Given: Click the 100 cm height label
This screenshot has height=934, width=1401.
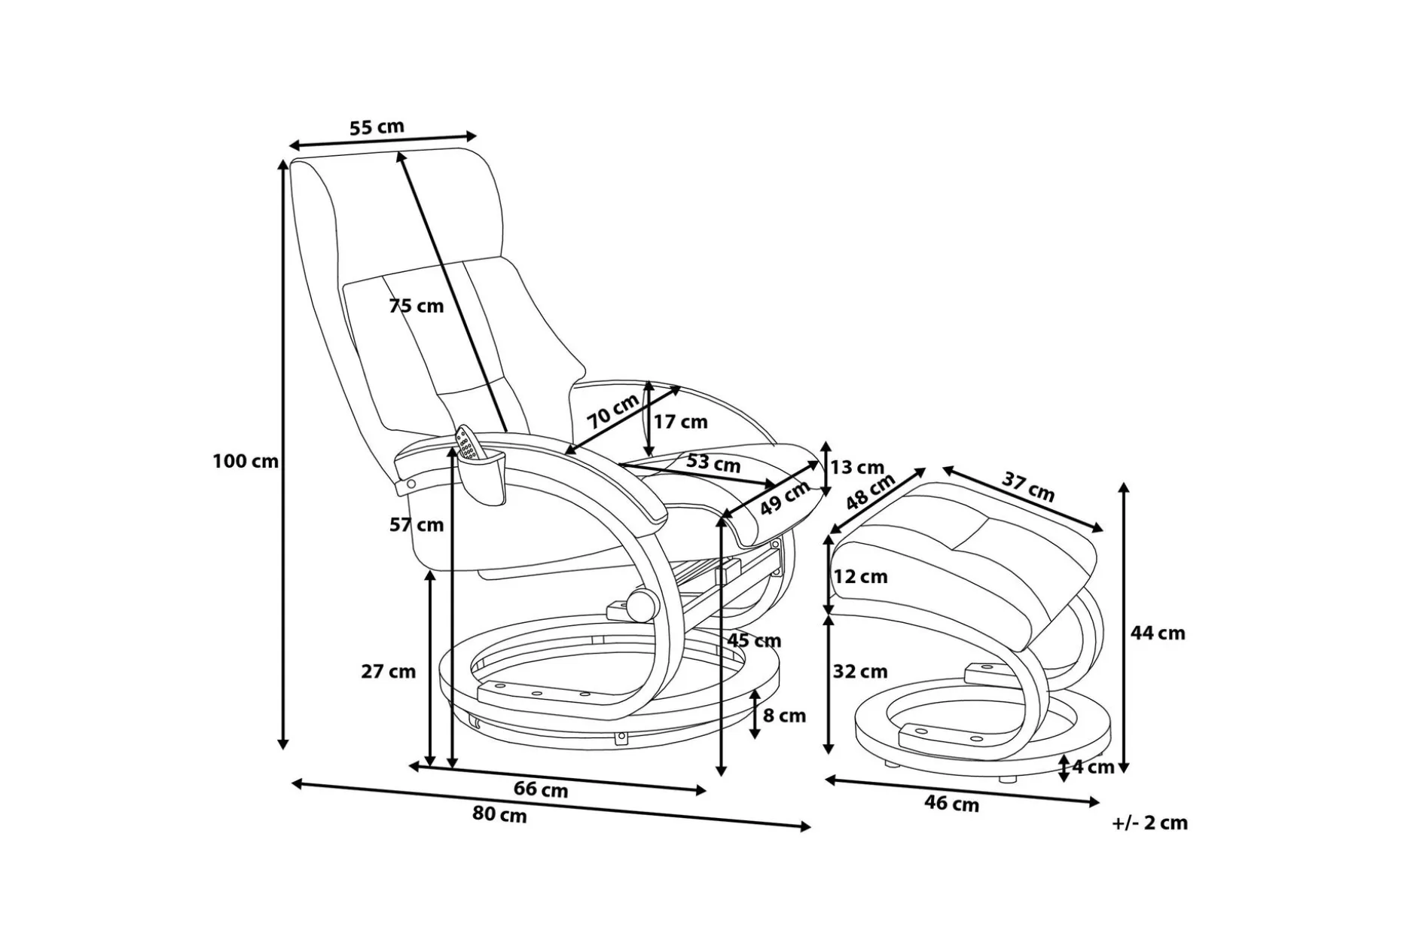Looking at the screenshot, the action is click(246, 461).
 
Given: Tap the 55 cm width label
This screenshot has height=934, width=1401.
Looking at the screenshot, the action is click(377, 127).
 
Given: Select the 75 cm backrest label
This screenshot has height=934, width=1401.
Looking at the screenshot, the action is click(417, 306).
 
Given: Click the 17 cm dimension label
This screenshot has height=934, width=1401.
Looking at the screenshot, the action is click(680, 422).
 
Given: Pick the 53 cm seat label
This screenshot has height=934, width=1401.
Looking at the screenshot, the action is click(713, 462).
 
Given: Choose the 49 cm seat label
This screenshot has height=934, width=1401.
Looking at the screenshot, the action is click(784, 498).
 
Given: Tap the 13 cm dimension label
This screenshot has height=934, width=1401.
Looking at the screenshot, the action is click(857, 468).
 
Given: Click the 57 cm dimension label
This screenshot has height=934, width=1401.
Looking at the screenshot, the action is click(417, 525).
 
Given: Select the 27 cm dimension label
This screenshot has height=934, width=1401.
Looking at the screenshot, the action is click(388, 671).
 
